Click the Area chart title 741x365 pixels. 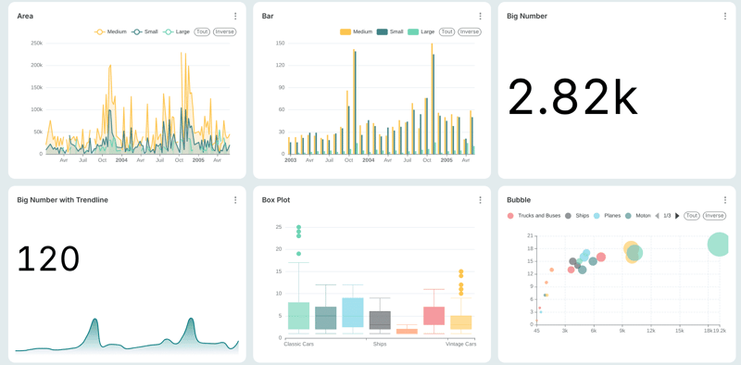click(x=25, y=16)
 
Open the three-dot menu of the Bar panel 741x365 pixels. click(x=480, y=16)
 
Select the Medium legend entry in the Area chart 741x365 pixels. click(x=111, y=31)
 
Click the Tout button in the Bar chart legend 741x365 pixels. click(x=446, y=31)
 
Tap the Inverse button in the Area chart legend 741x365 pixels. click(x=224, y=31)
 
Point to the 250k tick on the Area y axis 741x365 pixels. click(x=36, y=43)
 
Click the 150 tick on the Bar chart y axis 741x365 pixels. click(x=280, y=43)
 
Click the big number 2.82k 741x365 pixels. click(x=572, y=96)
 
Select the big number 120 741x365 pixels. click(x=48, y=258)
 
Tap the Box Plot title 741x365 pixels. click(x=276, y=199)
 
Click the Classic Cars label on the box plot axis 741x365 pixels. click(x=299, y=344)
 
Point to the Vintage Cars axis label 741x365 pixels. click(x=460, y=344)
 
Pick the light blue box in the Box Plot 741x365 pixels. click(x=352, y=312)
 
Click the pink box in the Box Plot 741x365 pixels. click(x=433, y=316)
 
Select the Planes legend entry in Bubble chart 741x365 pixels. click(x=607, y=216)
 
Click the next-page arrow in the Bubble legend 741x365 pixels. click(x=677, y=216)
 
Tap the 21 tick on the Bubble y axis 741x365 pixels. click(x=530, y=235)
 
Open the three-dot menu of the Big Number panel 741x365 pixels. click(x=724, y=16)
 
